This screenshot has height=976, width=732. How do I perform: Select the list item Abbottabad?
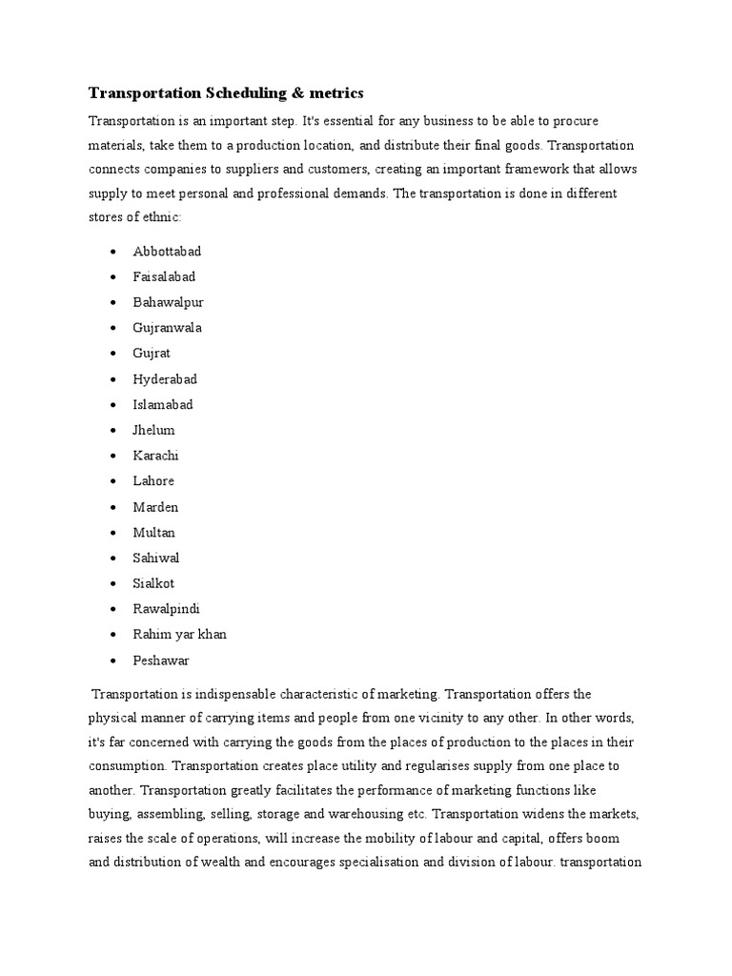(x=167, y=252)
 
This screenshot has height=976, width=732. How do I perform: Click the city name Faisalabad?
(x=165, y=276)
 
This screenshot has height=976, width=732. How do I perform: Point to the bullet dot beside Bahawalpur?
(x=113, y=303)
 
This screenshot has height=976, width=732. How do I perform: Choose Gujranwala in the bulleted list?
(x=167, y=328)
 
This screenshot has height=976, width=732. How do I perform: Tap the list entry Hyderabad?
(x=165, y=379)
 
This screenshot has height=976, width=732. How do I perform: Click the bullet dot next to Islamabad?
(x=113, y=405)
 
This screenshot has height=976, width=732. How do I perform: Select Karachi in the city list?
(x=155, y=456)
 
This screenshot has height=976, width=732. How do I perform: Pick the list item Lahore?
(x=153, y=481)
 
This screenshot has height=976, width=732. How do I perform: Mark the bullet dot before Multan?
(x=113, y=533)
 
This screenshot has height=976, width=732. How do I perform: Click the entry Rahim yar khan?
(x=179, y=634)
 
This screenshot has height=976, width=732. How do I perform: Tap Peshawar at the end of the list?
(x=160, y=660)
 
